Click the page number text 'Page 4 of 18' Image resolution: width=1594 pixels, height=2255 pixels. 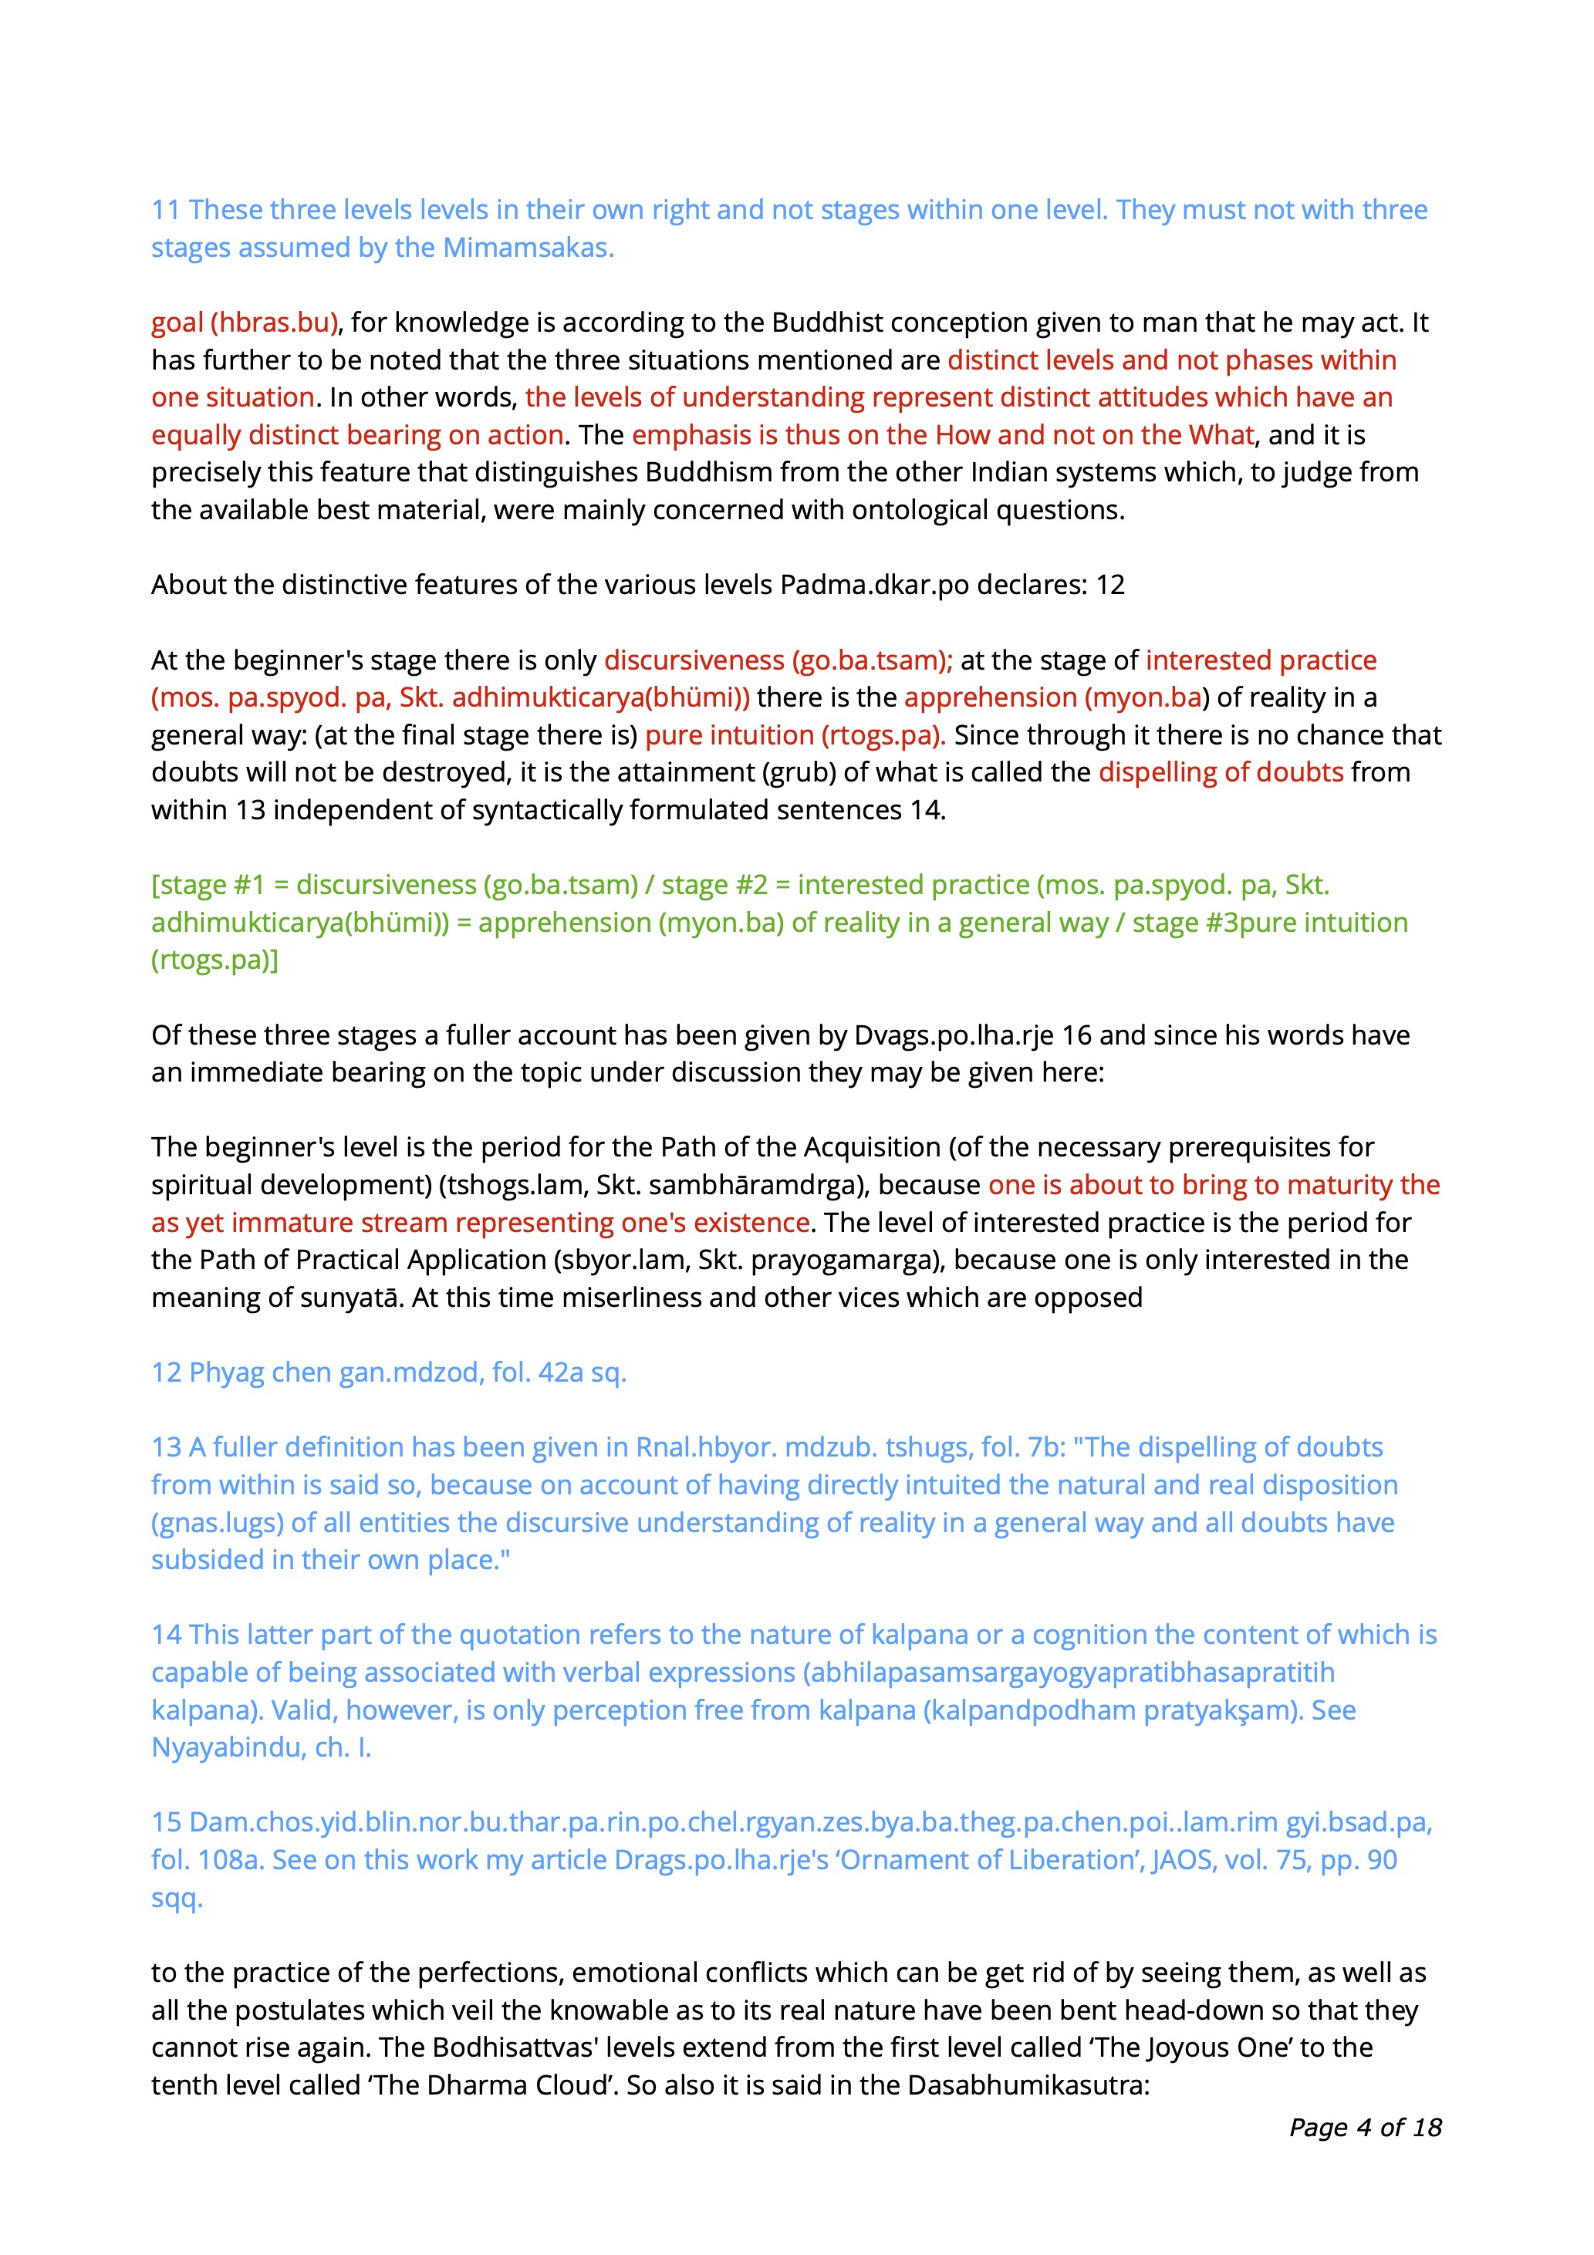[1365, 2126]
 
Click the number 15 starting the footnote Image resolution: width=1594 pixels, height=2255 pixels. [166, 1822]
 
